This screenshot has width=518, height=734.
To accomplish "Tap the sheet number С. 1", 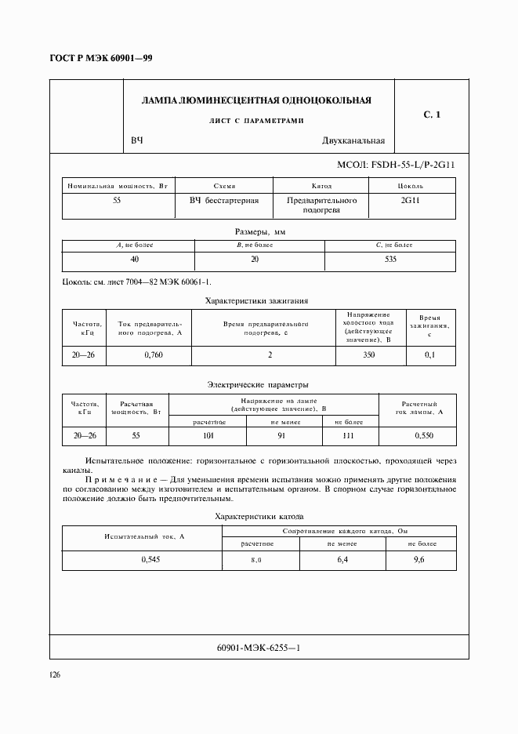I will pyautogui.click(x=432, y=115).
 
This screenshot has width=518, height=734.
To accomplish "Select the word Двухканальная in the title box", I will pyautogui.click(x=353, y=141).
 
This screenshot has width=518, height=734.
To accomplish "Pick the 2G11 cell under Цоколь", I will pyautogui.click(x=410, y=201).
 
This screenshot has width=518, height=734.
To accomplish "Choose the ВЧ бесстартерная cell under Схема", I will pyautogui.click(x=223, y=201).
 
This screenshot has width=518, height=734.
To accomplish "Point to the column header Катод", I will pyautogui.click(x=321, y=186).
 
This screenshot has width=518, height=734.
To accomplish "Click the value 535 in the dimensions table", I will pyautogui.click(x=389, y=259).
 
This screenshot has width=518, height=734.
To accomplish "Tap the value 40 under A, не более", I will pyautogui.click(x=134, y=259).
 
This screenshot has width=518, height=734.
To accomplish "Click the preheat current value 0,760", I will pyautogui.click(x=154, y=355).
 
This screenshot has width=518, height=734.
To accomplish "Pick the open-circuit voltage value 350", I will pyautogui.click(x=368, y=355).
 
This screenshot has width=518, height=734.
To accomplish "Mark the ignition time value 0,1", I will pyautogui.click(x=429, y=355).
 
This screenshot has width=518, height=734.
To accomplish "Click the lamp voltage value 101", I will pyautogui.click(x=208, y=435).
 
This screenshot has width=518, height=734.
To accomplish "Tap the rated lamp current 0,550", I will pyautogui.click(x=423, y=435).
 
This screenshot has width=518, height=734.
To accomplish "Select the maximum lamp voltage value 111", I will pyautogui.click(x=350, y=435).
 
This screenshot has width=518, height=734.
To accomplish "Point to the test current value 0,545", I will pyautogui.click(x=150, y=559).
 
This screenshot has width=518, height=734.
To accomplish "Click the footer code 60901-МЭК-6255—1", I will pyautogui.click(x=258, y=648).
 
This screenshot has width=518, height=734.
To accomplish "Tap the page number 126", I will pyautogui.click(x=56, y=674).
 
